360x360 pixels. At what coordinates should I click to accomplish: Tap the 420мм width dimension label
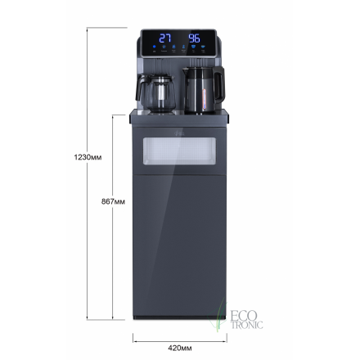click(179, 347)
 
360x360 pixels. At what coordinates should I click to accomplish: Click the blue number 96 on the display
click(195, 38)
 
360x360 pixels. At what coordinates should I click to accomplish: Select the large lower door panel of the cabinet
click(179, 245)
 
